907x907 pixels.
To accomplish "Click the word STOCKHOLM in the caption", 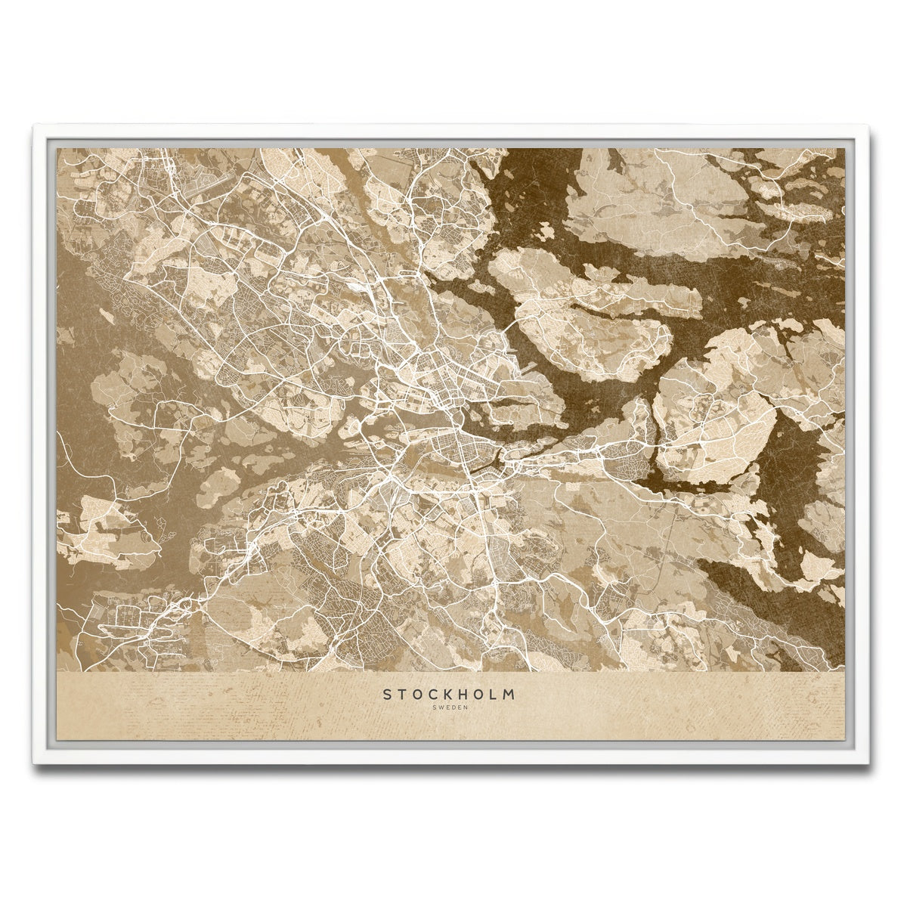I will [x=449, y=694].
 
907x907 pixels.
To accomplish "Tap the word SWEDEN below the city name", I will [x=450, y=707].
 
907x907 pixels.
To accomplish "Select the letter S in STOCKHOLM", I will [x=387, y=694].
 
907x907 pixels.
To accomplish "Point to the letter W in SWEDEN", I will [x=438, y=707].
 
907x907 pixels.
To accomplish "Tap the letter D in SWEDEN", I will [x=452, y=707].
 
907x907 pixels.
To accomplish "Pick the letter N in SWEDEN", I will [x=466, y=707].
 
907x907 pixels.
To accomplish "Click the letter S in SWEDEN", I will [x=432, y=707].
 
